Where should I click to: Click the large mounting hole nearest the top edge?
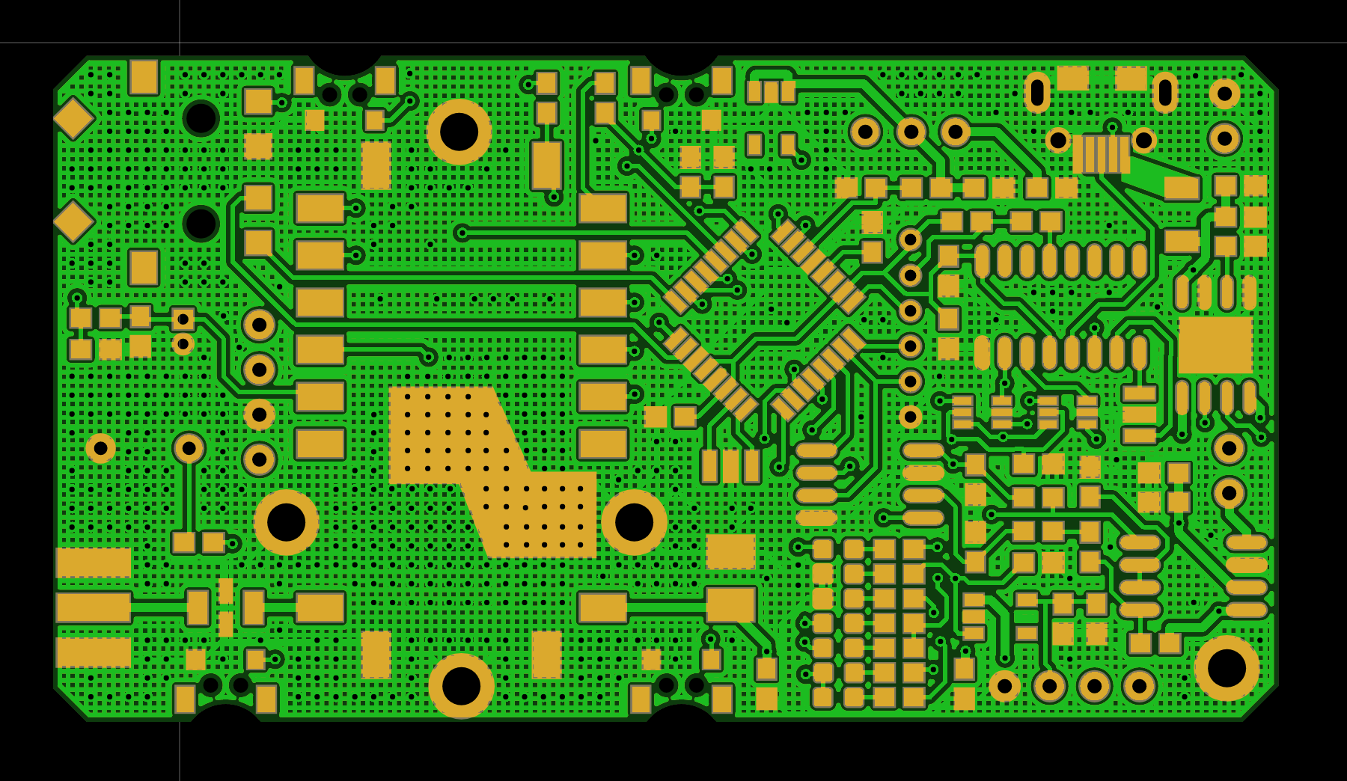[459, 132]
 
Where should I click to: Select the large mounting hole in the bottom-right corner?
[1227, 668]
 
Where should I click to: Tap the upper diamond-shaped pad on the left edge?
[73, 118]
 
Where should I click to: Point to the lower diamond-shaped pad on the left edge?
[73, 221]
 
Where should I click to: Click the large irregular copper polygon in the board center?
[486, 464]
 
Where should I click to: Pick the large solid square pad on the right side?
[1215, 345]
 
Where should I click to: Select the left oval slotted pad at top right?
[1037, 93]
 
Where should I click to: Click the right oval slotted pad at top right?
[1164, 93]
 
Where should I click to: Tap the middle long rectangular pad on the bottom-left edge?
[94, 607]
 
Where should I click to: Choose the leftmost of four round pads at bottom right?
[1004, 686]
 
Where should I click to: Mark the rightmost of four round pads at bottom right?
[1139, 686]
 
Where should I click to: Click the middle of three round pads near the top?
[911, 132]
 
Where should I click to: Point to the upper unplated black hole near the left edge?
[201, 117]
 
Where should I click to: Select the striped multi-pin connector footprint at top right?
[1101, 154]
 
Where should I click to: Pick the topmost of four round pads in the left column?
[259, 325]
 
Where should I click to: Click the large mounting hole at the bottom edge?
[461, 685]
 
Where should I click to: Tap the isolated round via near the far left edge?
[100, 448]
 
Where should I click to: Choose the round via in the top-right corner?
[1224, 94]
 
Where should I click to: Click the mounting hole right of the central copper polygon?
[634, 522]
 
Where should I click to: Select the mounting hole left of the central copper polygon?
[286, 522]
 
